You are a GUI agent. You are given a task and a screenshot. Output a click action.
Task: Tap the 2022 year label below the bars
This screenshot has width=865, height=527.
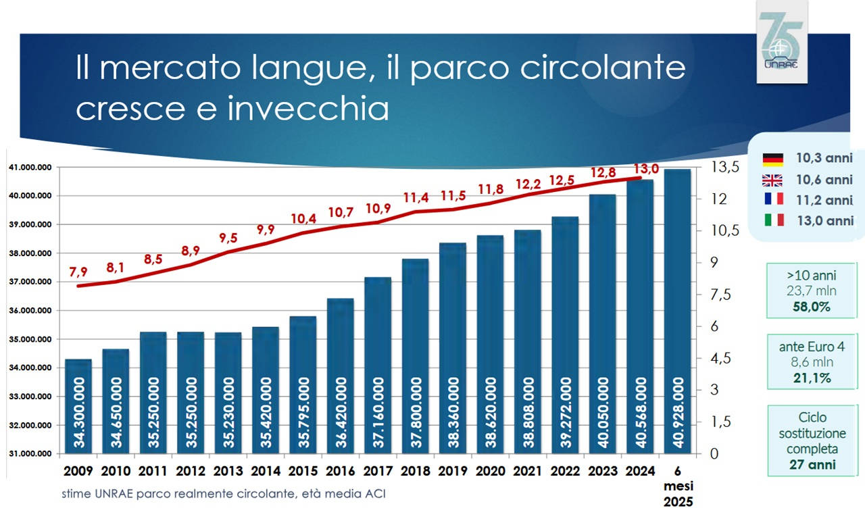565,469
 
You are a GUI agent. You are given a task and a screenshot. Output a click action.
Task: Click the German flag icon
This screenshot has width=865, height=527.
772,159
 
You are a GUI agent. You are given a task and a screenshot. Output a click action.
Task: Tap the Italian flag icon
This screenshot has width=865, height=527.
772,220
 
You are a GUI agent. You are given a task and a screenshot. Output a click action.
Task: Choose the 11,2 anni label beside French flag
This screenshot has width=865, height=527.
824,200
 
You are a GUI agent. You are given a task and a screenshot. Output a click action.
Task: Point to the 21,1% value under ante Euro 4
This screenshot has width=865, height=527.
812,378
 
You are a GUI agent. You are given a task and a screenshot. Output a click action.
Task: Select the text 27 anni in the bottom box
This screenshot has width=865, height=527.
812,464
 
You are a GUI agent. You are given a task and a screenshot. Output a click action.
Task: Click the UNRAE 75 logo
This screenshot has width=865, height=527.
781,42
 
